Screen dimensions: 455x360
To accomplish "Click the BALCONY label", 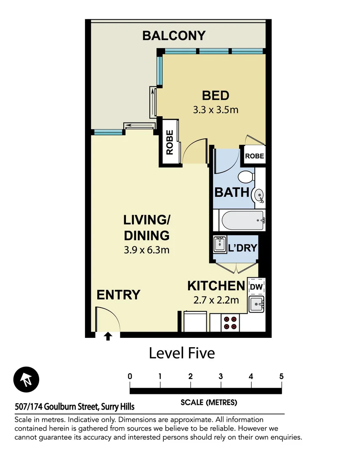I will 173,35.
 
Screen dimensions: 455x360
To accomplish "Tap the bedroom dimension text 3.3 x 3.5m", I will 216,110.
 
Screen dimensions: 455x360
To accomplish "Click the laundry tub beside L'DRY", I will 219,244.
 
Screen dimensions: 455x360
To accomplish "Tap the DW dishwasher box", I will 256,286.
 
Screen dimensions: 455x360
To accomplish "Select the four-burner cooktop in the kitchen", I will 230,323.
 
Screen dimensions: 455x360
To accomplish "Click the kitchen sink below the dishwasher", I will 256,304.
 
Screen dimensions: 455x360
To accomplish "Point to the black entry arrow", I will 108,336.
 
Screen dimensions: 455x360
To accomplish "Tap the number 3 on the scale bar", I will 221,376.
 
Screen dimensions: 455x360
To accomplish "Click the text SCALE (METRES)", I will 209,402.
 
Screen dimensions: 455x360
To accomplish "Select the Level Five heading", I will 182,353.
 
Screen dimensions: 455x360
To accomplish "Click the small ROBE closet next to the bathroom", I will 254,156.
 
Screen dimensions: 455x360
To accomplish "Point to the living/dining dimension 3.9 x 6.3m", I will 147,250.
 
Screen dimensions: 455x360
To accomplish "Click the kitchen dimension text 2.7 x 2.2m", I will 216,300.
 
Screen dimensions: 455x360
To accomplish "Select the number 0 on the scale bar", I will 130,376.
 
